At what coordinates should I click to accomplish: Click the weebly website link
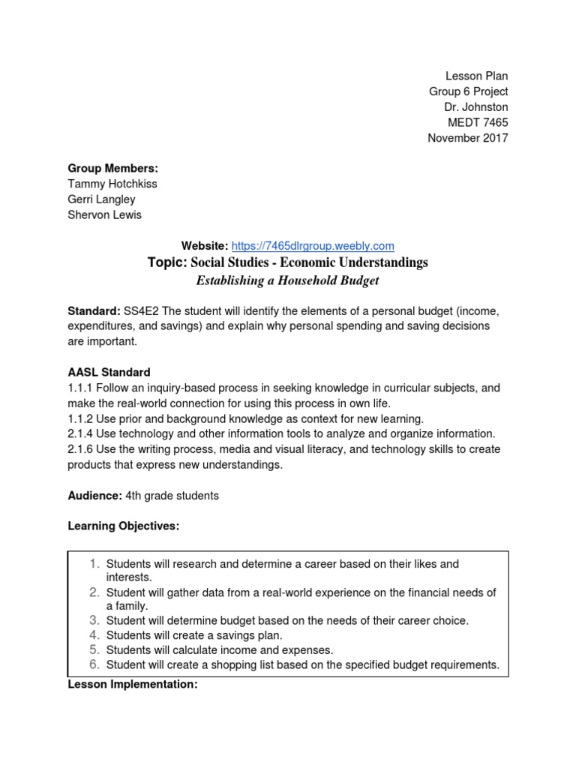click(313, 245)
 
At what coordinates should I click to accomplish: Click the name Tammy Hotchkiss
click(112, 184)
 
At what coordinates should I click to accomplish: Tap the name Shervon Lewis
click(104, 215)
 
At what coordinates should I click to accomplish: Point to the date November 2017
click(467, 138)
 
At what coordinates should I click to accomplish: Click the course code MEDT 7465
click(477, 122)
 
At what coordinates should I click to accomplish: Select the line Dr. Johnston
click(475, 106)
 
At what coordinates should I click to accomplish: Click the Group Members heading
click(113, 168)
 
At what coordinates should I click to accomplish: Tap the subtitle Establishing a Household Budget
click(288, 280)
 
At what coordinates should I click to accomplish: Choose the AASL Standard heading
click(109, 372)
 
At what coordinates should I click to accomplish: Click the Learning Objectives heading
click(124, 526)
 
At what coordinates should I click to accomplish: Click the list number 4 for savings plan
click(94, 635)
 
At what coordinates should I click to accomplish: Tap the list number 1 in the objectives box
click(94, 563)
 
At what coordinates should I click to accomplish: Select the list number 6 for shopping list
click(94, 664)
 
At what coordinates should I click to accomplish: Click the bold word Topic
click(166, 262)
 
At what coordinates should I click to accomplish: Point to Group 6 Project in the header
click(468, 91)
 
